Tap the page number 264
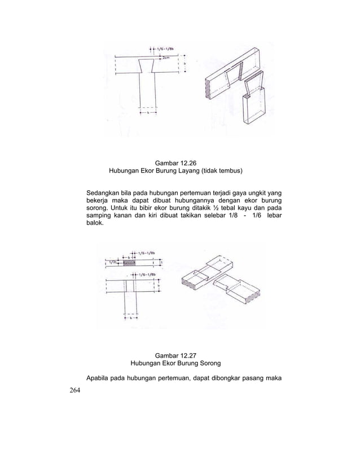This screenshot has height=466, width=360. [x=73, y=392]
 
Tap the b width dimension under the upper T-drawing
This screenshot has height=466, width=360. [x=148, y=113]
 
